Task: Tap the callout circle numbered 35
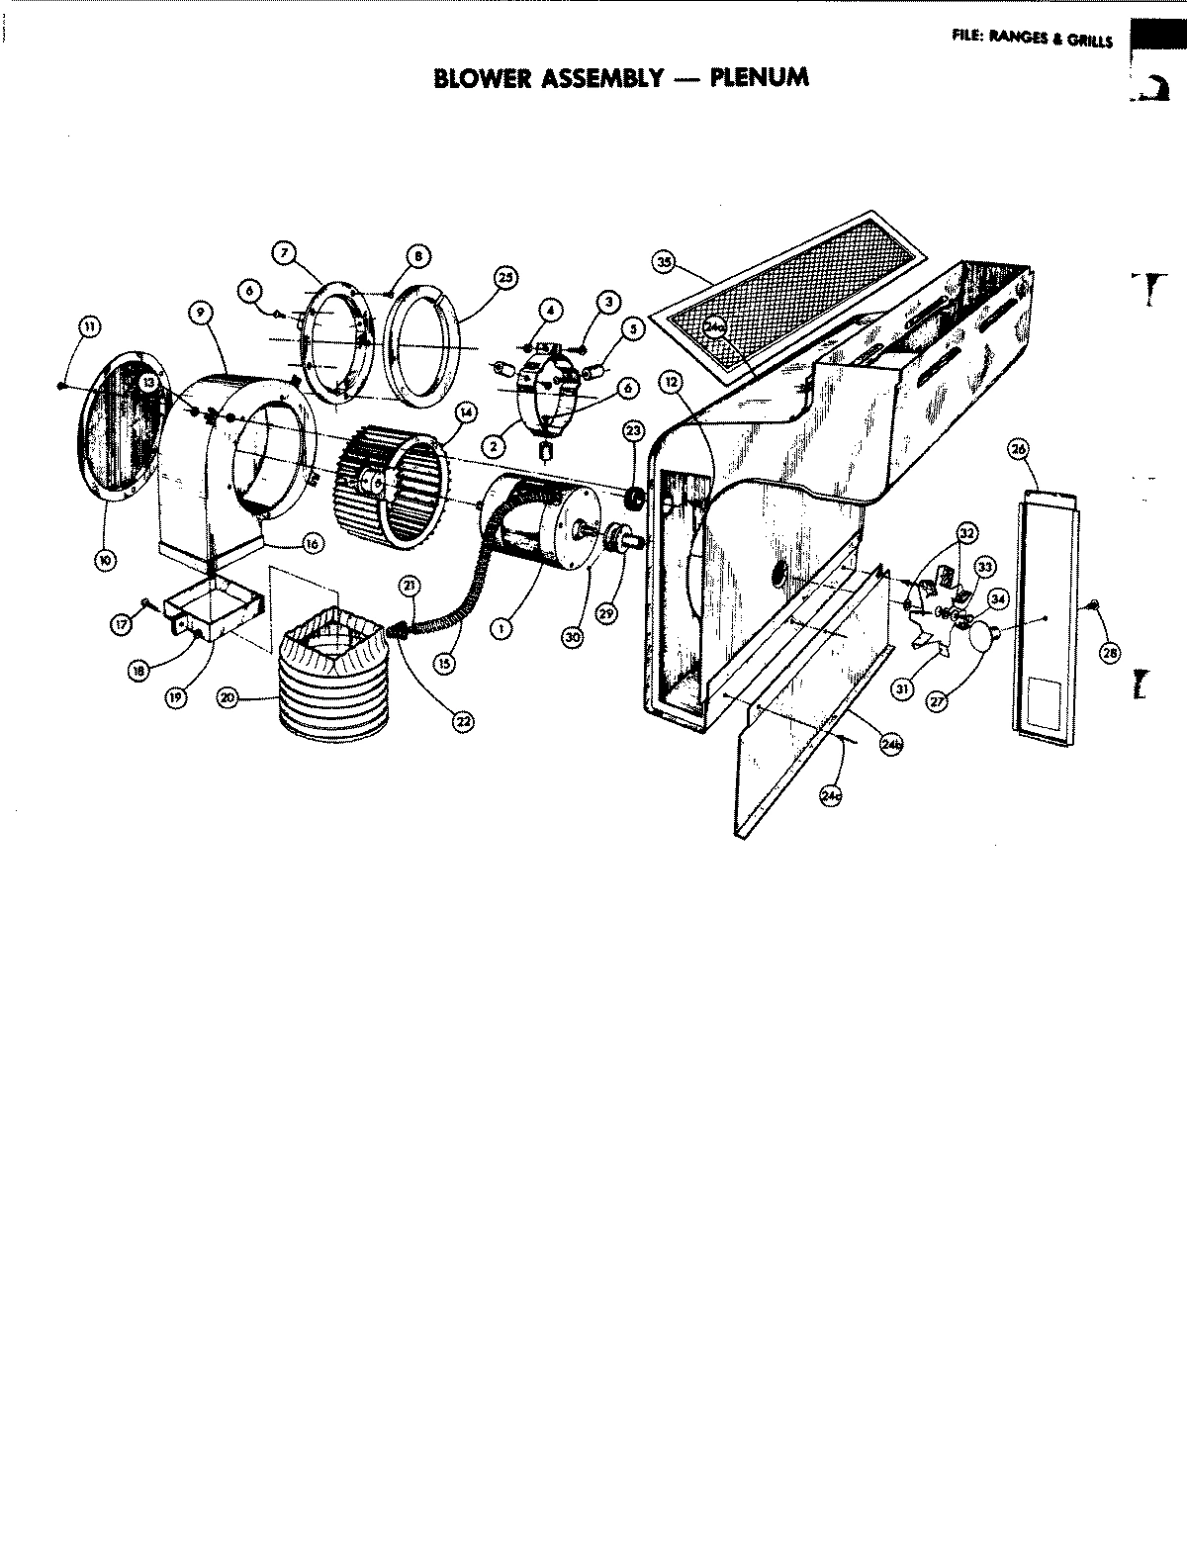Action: pos(664,261)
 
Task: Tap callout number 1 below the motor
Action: pos(502,626)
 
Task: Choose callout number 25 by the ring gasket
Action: pos(504,279)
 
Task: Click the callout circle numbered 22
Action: pos(462,721)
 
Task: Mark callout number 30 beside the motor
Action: pos(571,638)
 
